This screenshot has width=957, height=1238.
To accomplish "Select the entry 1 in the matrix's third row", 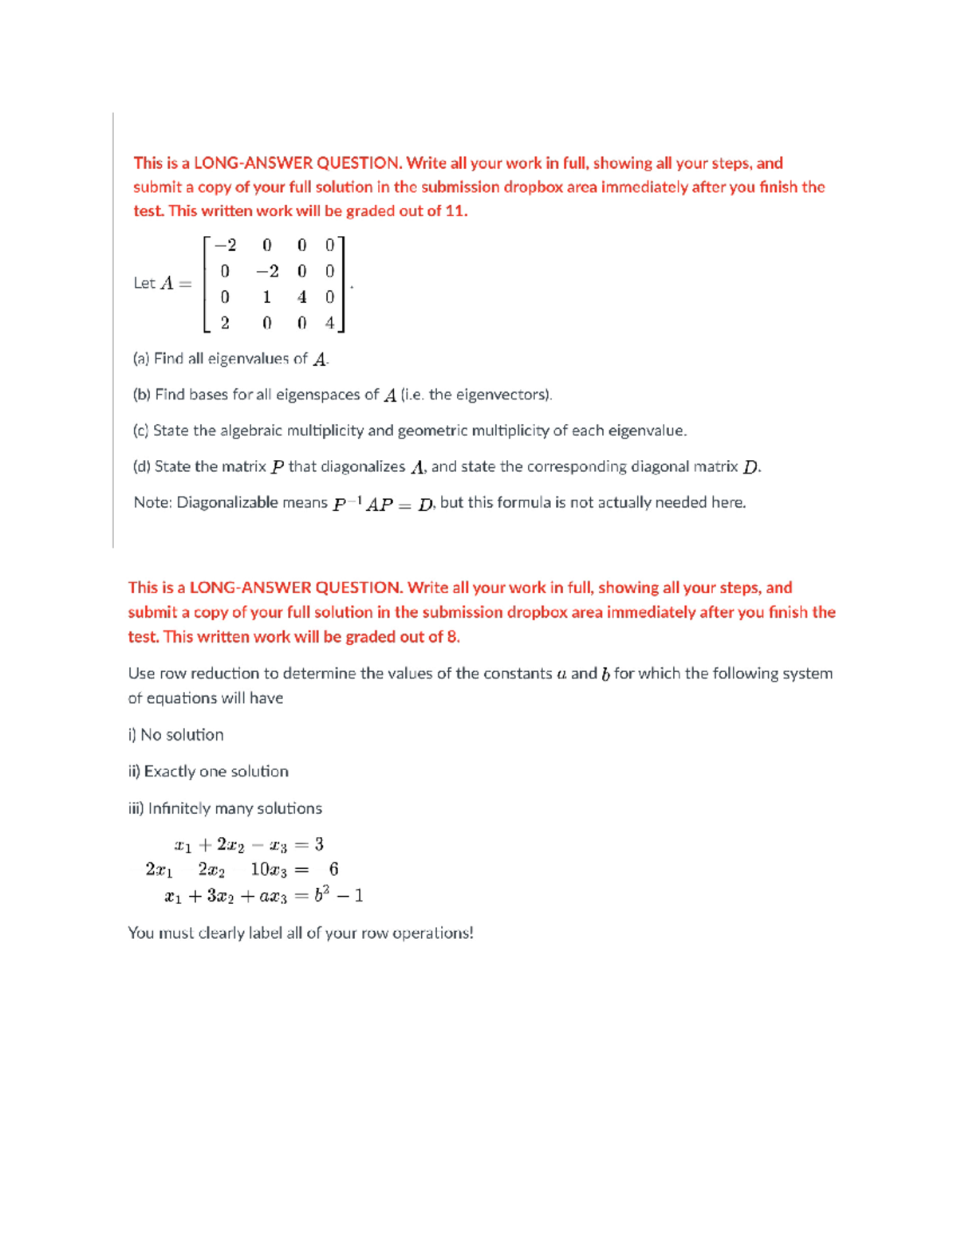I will tap(266, 297).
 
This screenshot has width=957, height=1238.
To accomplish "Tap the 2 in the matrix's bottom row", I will tap(225, 323).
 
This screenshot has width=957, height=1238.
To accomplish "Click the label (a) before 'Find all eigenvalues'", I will tap(141, 359).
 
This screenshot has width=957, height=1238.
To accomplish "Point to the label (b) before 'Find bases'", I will tap(142, 395).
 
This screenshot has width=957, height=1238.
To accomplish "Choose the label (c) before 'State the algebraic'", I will tap(140, 430).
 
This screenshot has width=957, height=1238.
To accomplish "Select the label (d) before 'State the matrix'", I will tap(142, 466).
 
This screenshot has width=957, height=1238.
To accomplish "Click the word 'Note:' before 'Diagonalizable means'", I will tap(152, 502).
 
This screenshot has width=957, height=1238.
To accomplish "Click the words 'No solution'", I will tap(182, 734).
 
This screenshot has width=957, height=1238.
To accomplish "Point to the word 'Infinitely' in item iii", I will tap(179, 808).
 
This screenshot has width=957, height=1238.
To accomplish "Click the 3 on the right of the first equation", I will tap(319, 844).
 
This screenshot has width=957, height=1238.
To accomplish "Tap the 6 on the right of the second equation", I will tap(333, 869).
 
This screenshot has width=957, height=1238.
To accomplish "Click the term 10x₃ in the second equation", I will tap(269, 870).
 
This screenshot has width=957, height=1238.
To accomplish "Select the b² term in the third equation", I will tap(321, 894).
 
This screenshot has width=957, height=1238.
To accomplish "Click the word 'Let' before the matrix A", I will tap(144, 283).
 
